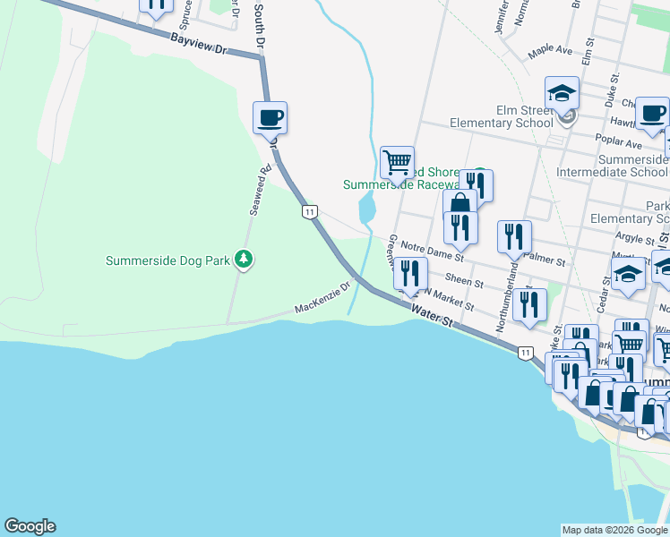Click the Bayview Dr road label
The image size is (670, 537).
198,43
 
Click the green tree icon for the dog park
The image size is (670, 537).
243,260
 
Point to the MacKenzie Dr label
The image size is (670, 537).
322,300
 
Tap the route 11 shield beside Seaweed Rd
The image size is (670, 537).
309,211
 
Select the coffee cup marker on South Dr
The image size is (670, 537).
270,117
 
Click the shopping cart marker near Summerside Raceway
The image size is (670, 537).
396,163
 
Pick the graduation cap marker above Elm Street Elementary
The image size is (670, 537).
562,92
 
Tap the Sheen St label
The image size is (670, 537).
464,281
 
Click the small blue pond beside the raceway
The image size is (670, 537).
367,210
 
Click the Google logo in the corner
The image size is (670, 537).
30,526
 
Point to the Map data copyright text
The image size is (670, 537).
614,530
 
